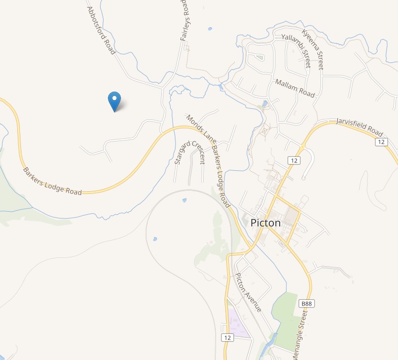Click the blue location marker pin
coord(114,100)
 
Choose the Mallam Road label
coord(294,88)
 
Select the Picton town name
coord(266,222)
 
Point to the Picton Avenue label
coord(248,293)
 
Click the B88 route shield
coord(307,304)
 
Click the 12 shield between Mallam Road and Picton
coord(294,160)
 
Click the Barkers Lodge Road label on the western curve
coord(52,181)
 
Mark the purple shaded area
coord(236,322)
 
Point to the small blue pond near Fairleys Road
coord(210,28)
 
